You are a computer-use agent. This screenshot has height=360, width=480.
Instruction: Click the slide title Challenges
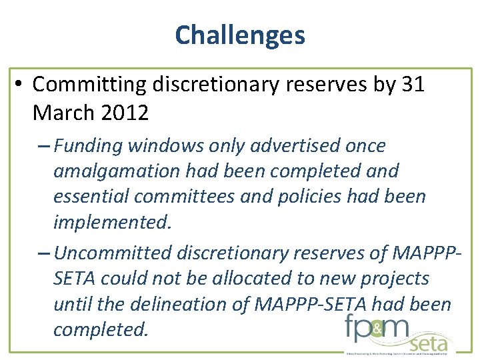tap(240, 35)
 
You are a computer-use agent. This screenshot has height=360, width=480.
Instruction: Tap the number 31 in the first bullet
tap(411, 85)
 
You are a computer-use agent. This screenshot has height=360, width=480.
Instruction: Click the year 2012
tap(124, 113)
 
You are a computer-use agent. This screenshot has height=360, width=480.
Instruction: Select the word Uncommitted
tap(114, 253)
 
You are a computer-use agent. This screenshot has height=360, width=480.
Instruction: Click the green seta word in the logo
tap(428, 343)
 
